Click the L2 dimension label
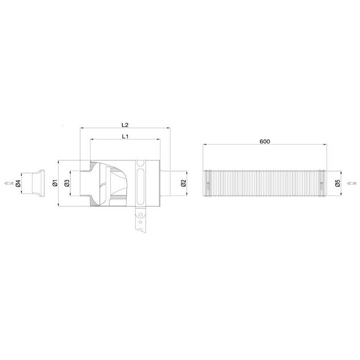tap(125, 125)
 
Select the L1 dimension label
tap(125, 136)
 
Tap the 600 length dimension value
tap(265, 141)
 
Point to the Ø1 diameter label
tap(55, 183)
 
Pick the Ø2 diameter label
tap(183, 183)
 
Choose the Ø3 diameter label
tap(66, 183)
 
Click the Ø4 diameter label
tap(18, 184)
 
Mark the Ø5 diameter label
tap(337, 183)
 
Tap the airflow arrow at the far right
tap(352, 183)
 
